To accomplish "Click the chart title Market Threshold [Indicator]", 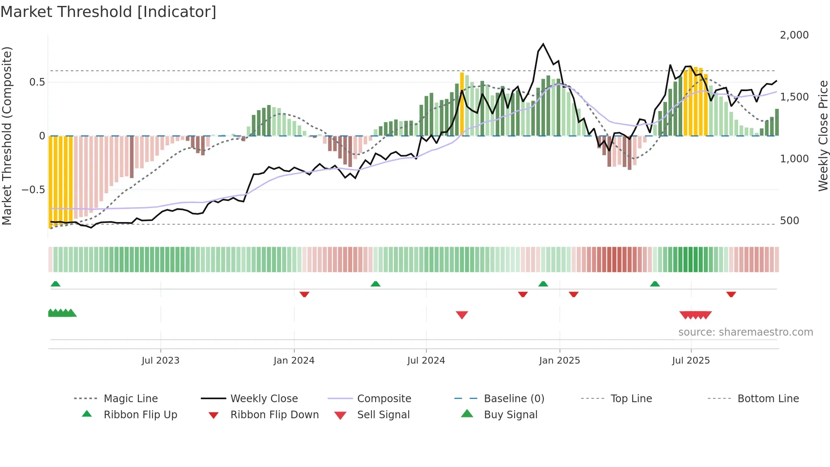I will pos(108,12).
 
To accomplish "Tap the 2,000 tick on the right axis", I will pos(794,35).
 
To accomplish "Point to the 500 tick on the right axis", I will pos(789,221).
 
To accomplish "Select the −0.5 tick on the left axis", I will pos(33,189).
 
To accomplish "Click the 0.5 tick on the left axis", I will pos(37,82).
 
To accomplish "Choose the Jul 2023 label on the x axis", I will pos(160,361).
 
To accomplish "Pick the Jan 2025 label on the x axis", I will pos(559,361).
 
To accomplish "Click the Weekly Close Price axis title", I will pos(823,136).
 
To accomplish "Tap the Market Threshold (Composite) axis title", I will pos(7,136).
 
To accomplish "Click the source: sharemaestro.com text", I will pos(745,332).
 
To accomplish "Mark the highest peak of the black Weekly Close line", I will pos(543,44).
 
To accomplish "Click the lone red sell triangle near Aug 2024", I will pos(462,315).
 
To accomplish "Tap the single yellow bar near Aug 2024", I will pos(462,104).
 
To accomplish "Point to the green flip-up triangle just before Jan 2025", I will pos(543,284).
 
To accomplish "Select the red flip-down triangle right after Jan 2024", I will pos(304,294).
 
